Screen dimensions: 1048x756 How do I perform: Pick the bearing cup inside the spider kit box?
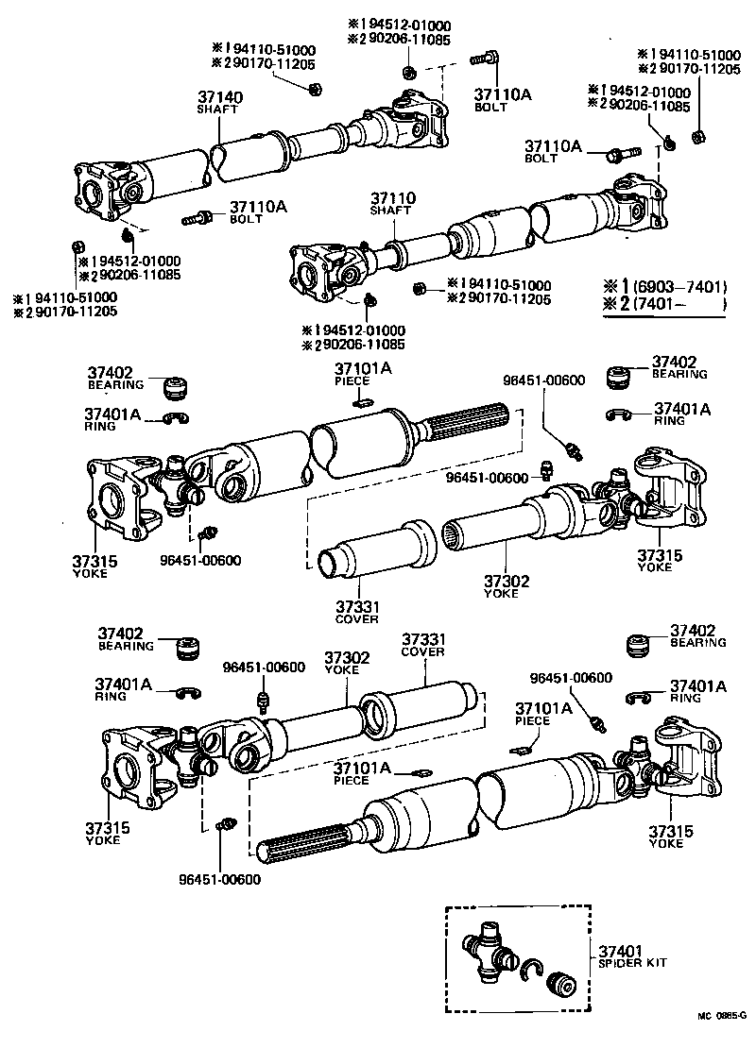click(561, 983)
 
